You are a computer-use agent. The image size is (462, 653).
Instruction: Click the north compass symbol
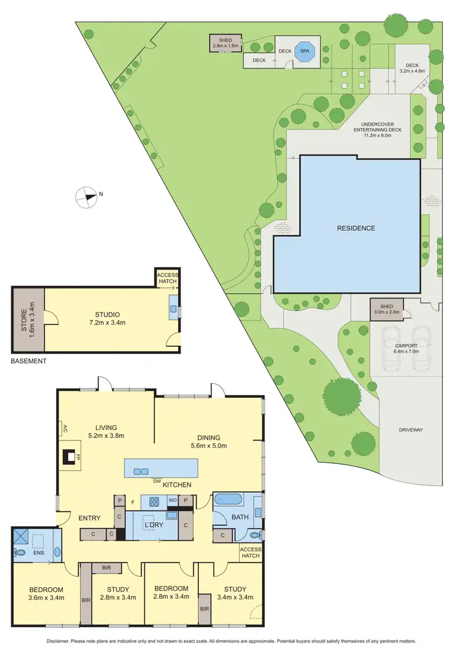tap(86, 197)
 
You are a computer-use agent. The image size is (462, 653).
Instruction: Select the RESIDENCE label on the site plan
tap(355, 229)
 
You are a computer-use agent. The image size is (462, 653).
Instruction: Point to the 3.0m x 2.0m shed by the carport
tap(386, 309)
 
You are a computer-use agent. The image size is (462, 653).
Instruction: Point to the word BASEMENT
tap(28, 361)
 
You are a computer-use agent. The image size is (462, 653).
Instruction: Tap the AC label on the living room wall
tap(64, 429)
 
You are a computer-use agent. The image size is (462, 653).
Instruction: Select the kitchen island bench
tap(162, 469)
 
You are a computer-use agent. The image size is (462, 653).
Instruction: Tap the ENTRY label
tap(89, 518)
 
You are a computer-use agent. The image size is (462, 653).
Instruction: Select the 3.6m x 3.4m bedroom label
tap(46, 597)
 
